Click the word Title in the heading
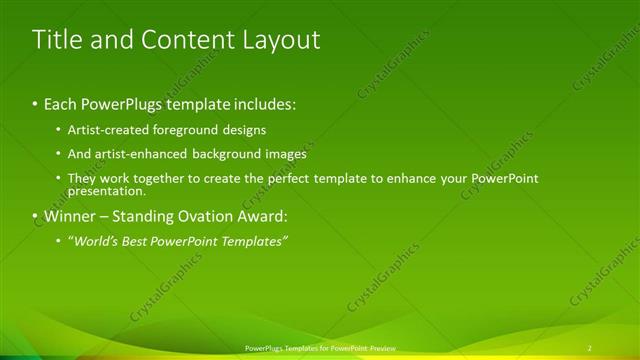tap(59, 40)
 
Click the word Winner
tap(72, 216)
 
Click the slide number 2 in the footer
tap(590, 348)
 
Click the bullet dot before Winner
tap(36, 216)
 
